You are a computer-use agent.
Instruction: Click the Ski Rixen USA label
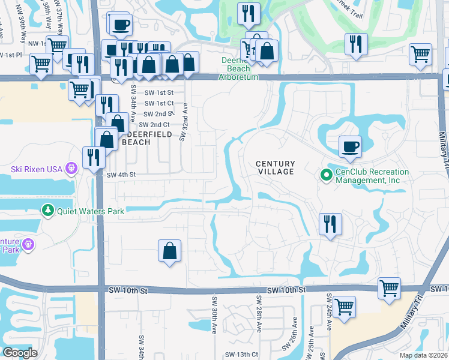click(36, 169)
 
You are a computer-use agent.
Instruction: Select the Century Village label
click(276, 167)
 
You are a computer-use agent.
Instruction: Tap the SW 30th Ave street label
click(214, 314)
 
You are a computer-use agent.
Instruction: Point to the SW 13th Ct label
click(241, 355)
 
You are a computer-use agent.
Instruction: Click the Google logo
click(20, 353)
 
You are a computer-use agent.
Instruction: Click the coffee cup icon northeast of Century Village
click(350, 146)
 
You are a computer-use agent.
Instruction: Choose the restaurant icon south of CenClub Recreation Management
click(330, 224)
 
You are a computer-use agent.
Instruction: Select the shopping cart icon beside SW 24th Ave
click(345, 307)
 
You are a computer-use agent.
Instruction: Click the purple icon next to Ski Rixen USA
click(71, 169)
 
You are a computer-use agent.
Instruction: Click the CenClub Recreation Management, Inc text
click(372, 176)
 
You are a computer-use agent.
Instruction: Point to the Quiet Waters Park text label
click(91, 211)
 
